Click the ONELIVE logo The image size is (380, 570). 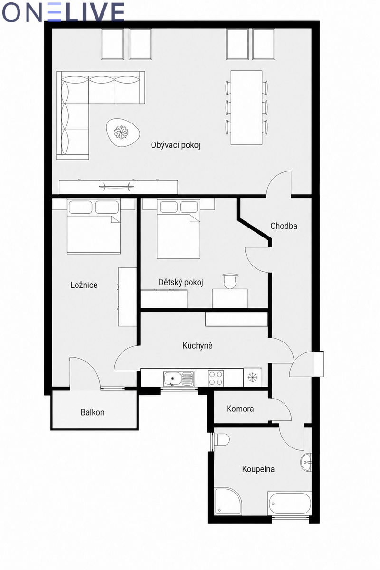(63, 12)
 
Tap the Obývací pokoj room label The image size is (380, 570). (176, 145)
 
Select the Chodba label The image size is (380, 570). (284, 226)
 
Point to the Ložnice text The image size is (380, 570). (84, 285)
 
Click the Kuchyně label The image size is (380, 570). (198, 346)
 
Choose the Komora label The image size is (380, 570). (240, 408)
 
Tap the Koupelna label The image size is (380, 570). (258, 469)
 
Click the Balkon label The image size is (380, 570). (93, 412)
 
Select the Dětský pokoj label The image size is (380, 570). (180, 282)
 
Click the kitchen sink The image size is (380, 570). (179, 378)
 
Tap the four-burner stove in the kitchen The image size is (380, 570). (216, 378)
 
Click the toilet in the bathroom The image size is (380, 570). (221, 439)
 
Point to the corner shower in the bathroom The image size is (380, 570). (228, 501)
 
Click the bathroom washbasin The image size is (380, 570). (306, 462)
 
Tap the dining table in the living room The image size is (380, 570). (247, 108)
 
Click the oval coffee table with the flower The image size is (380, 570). (123, 133)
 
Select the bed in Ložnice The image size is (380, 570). (94, 226)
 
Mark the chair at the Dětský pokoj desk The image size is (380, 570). (230, 281)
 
